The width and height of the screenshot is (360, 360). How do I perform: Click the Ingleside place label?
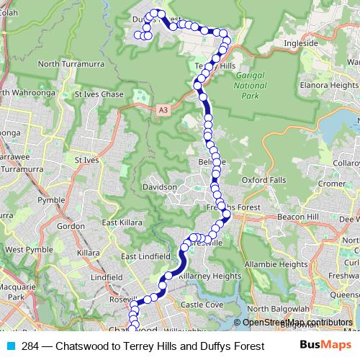(301, 43)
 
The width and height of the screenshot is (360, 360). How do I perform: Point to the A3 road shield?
(163, 110)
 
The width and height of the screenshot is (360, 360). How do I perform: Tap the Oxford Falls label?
(264, 179)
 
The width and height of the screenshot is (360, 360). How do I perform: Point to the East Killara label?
(120, 222)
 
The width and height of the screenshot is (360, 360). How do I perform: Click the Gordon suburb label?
(71, 225)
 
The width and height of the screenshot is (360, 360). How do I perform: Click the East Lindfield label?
(145, 257)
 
